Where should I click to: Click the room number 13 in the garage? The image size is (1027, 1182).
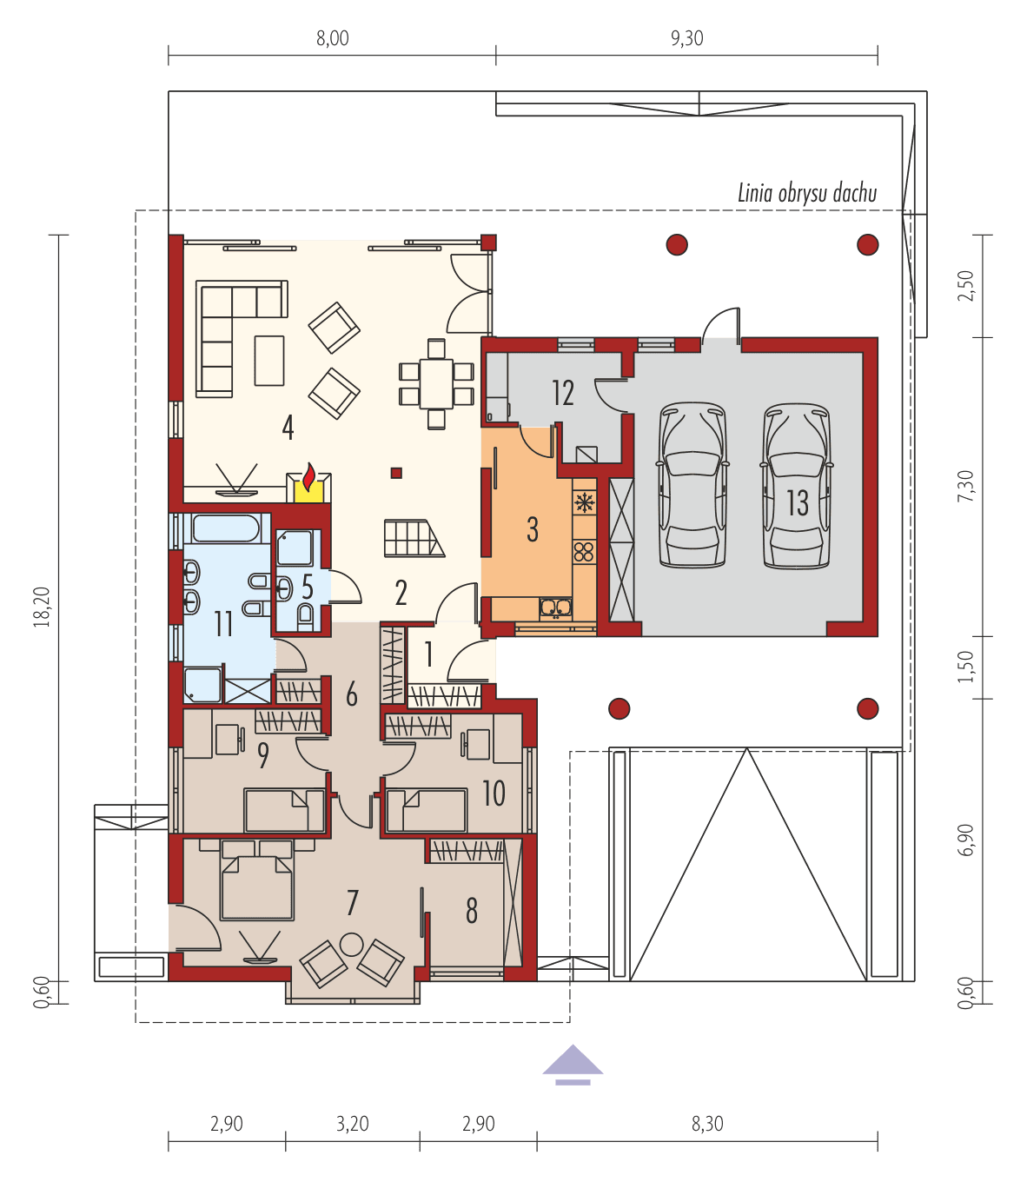(798, 502)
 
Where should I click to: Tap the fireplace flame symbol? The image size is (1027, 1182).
(308, 478)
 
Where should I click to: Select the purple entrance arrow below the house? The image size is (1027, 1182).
(573, 1064)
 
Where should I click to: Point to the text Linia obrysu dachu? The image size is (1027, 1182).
(806, 193)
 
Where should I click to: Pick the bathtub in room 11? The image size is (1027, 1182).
(226, 528)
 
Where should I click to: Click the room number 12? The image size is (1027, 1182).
(563, 393)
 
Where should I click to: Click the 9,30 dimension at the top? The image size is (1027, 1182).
(686, 38)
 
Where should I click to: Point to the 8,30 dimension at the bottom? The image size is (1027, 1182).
(706, 1124)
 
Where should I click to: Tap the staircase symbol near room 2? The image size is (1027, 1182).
(413, 538)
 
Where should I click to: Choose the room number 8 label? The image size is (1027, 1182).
(472, 910)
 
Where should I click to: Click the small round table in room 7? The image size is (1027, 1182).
(351, 943)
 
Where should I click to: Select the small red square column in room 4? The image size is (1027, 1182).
(396, 473)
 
